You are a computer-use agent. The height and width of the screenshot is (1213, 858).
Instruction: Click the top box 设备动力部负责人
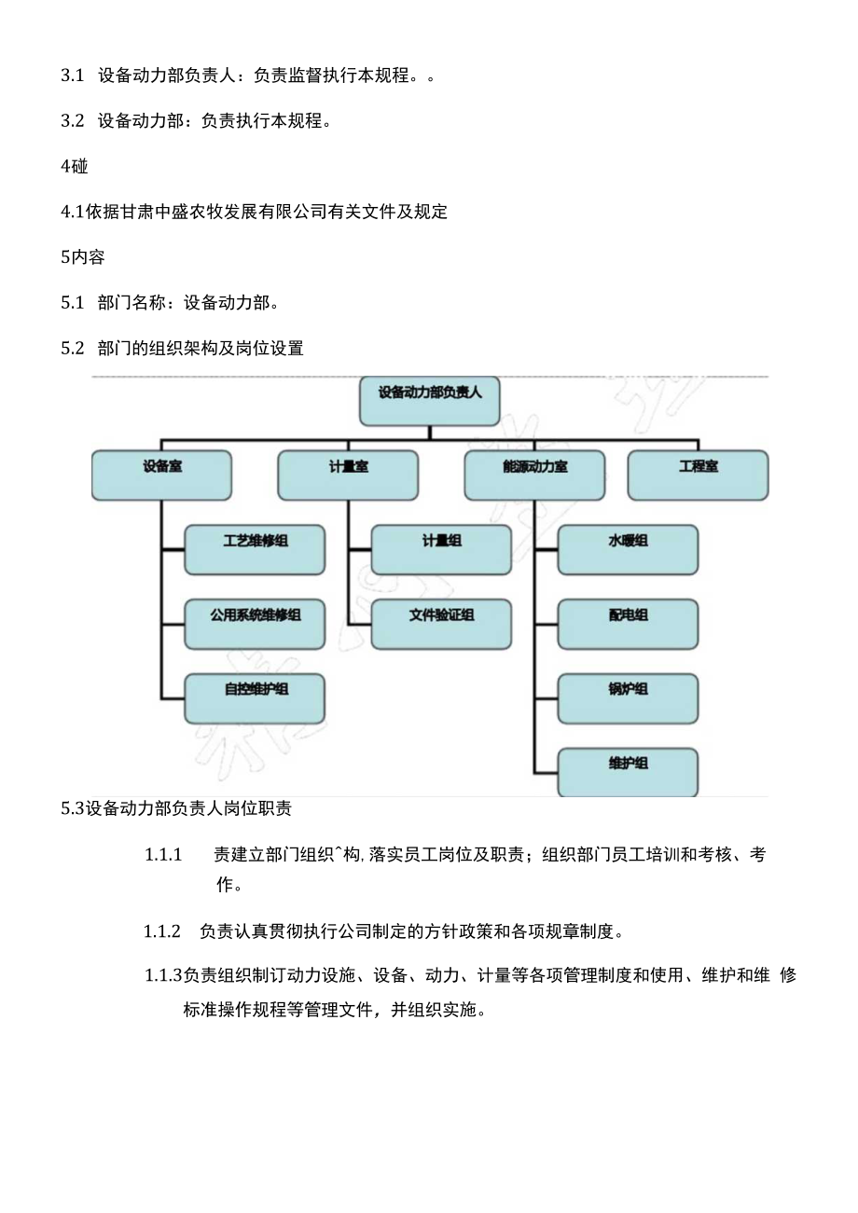[x=429, y=401]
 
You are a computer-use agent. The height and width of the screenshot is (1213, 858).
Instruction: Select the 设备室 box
[x=161, y=475]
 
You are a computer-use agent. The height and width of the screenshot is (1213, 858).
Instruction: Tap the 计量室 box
[x=348, y=475]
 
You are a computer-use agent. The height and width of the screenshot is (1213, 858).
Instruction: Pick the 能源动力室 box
[x=534, y=475]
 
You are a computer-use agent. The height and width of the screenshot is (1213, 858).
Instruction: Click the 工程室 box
[x=698, y=475]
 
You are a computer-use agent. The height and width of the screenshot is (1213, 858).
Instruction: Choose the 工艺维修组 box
[x=255, y=549]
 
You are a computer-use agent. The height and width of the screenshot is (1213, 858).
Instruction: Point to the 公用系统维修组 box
[x=255, y=624]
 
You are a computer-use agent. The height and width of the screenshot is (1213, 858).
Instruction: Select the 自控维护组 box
[x=255, y=698]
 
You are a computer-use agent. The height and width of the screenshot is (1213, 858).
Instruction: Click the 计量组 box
[x=441, y=549]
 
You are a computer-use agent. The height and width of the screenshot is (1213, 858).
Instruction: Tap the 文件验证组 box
[x=441, y=624]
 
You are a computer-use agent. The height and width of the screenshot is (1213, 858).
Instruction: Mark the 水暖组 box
[x=628, y=549]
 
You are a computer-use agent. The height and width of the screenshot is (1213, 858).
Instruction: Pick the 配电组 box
[x=628, y=624]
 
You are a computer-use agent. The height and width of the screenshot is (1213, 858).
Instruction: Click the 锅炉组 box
[x=628, y=698]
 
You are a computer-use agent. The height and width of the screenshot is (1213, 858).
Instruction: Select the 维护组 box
[x=628, y=772]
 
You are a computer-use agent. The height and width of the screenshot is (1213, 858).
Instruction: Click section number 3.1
[x=73, y=76]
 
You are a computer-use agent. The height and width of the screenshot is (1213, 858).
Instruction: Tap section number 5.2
[x=73, y=349]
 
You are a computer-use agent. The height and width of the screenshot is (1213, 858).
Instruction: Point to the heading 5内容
[x=83, y=257]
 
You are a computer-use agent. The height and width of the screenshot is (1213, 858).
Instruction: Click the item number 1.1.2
[x=161, y=931]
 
